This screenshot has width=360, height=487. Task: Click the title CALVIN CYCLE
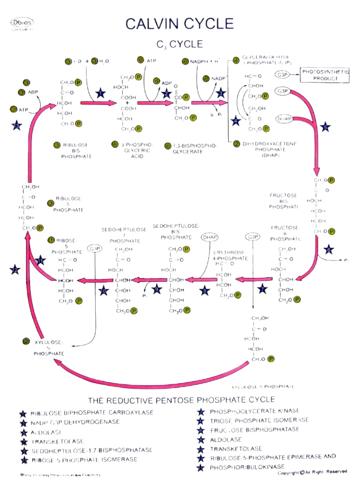(x=180, y=24)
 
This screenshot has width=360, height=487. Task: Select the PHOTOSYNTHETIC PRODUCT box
(x=325, y=75)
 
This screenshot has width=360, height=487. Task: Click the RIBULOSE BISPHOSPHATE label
(x=73, y=150)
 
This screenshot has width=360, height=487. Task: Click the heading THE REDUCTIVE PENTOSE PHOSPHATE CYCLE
(x=179, y=399)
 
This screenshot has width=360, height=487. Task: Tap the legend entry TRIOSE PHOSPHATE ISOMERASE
(x=259, y=420)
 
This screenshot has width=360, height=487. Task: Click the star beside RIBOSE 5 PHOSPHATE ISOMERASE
(x=23, y=460)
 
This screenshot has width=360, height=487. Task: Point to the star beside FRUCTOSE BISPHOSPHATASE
(x=201, y=430)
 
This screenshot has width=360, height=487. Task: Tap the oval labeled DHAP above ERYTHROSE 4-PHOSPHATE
(x=210, y=237)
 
